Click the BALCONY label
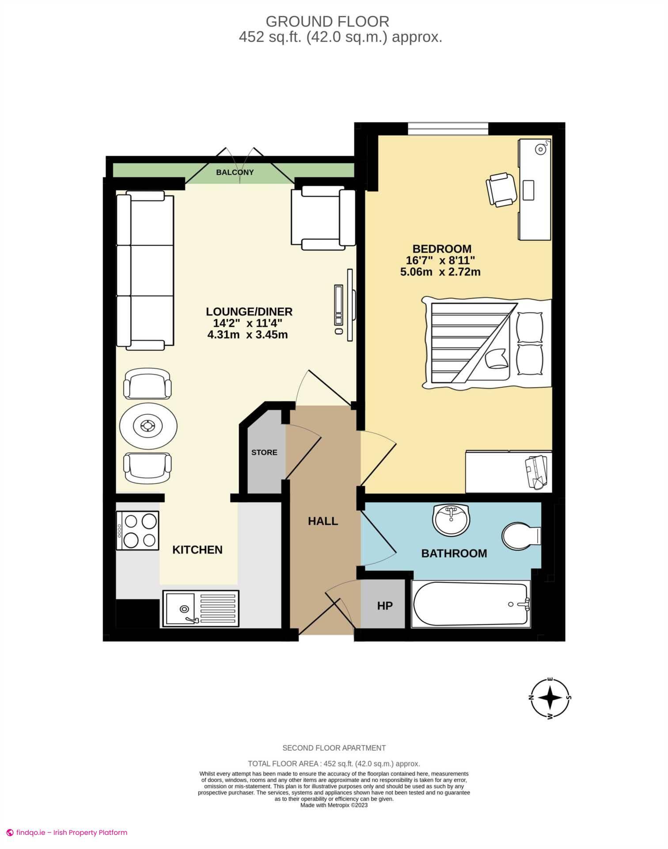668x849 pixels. click(235, 172)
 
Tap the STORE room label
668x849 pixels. click(264, 452)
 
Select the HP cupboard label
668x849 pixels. click(384, 606)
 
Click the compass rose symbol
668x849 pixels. click(550, 698)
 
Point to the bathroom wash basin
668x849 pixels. click(451, 520)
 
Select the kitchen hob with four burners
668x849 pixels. click(137, 531)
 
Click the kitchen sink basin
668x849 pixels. click(180, 608)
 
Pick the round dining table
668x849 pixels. click(148, 426)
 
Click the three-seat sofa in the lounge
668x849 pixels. click(145, 270)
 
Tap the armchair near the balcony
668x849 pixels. click(323, 217)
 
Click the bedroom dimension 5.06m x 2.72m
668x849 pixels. click(440, 272)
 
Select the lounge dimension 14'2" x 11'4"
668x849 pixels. click(247, 323)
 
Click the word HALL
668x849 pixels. click(323, 521)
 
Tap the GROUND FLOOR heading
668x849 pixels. click(327, 21)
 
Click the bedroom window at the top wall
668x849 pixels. click(448, 128)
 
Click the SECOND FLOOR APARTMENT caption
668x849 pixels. click(334, 748)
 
